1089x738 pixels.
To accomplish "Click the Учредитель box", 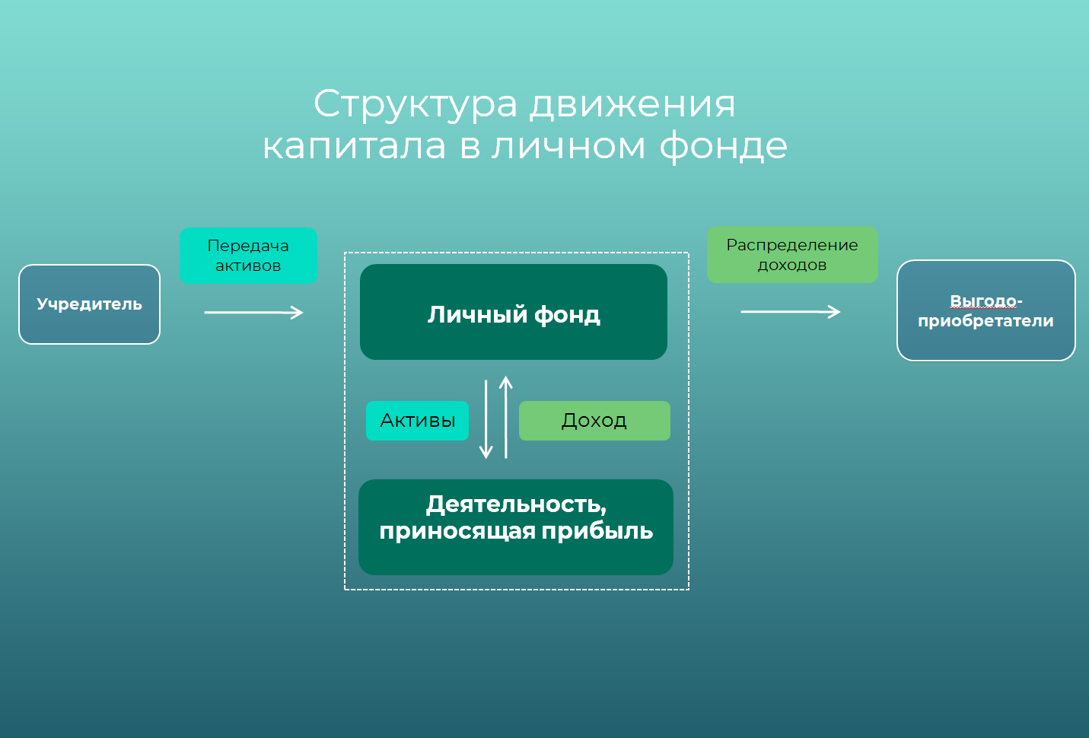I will (x=89, y=304).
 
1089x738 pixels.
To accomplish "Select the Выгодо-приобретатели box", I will (x=986, y=310).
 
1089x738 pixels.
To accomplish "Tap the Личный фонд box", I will (x=514, y=313).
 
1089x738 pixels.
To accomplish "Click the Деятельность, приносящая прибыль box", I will (x=516, y=526).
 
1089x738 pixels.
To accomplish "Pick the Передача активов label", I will (x=248, y=256).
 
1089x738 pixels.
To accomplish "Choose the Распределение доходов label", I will (x=792, y=255).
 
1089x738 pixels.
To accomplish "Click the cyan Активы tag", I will (x=417, y=421).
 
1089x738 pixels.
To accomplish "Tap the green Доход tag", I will (x=594, y=421).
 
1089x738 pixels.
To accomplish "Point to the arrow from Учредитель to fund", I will (x=253, y=312).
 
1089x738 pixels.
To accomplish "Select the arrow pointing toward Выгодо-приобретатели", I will (x=790, y=311).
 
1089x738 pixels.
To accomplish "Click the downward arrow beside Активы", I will (x=486, y=419).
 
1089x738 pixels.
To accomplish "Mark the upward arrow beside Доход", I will (x=506, y=417).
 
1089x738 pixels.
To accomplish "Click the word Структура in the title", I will (x=416, y=104).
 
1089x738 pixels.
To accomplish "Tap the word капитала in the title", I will (x=354, y=146).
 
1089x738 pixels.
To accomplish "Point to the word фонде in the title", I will (x=723, y=146).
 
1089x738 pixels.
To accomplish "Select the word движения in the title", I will (x=632, y=104).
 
